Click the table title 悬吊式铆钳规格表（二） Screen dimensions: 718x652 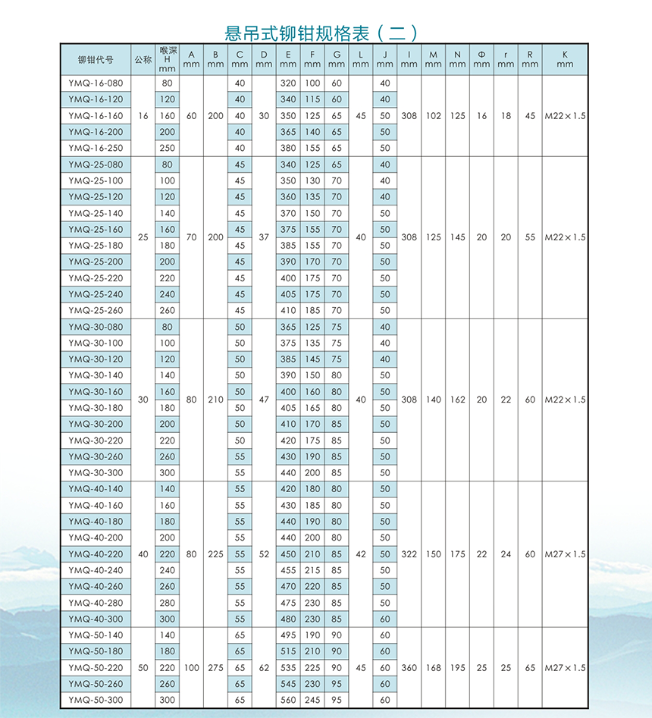tap(321, 33)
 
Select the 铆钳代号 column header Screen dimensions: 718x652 tap(96, 59)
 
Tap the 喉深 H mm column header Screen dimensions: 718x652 tap(168, 59)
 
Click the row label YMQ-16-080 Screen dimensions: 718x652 tap(96, 83)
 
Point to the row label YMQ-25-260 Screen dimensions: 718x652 tap(96, 310)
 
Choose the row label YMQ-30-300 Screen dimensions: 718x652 tap(96, 472)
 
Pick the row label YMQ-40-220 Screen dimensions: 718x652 tap(96, 554)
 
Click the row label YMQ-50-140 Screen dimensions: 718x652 tap(96, 635)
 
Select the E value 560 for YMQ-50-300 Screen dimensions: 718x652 tap(288, 700)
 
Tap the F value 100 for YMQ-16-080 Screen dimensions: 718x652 tap(312, 83)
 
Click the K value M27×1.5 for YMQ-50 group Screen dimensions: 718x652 tap(565, 668)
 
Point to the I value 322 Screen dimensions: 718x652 tap(409, 554)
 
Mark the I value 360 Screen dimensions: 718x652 tap(409, 668)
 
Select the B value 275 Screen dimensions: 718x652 tap(215, 668)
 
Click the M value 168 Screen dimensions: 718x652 tap(433, 668)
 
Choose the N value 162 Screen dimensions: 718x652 tap(457, 400)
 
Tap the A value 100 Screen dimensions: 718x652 tap(191, 668)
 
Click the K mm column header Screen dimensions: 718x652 tap(565, 59)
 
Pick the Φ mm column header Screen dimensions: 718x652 tap(481, 59)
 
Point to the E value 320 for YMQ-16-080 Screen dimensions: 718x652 tap(288, 83)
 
